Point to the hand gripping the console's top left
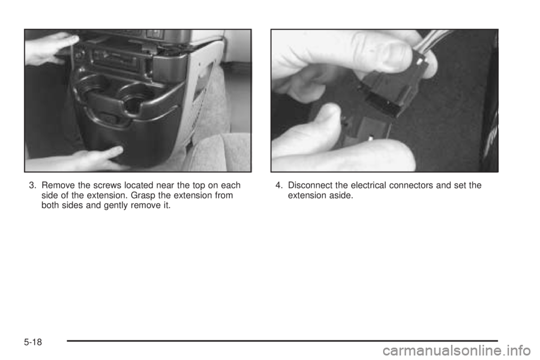(x=48, y=48)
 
